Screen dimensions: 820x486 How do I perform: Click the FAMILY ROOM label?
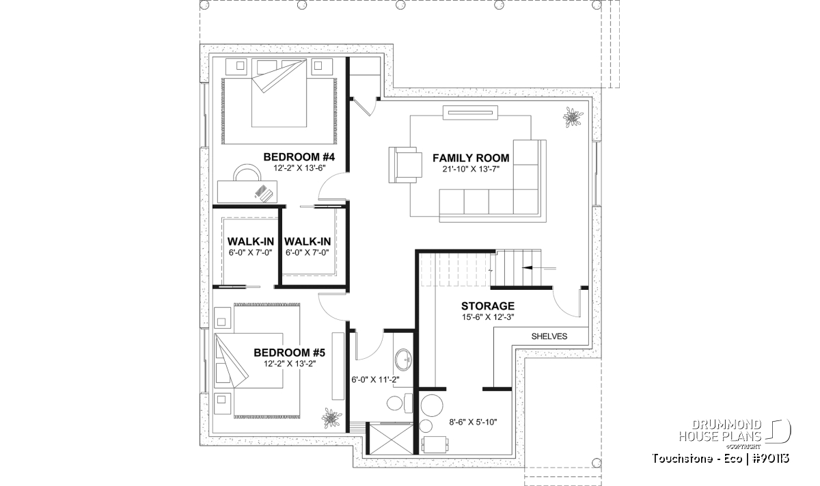[471, 158]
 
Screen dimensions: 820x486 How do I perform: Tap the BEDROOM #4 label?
[299, 157]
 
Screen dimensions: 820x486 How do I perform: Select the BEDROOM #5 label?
[289, 353]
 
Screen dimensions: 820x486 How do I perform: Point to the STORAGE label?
[488, 306]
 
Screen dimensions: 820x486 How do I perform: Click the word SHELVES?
[549, 336]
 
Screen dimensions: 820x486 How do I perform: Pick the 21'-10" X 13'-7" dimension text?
[471, 169]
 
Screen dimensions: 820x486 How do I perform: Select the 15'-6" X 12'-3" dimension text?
[488, 317]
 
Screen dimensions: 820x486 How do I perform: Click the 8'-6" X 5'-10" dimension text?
[473, 422]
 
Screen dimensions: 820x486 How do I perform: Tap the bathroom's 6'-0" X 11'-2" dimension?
[375, 380]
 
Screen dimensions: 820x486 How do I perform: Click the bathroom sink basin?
[404, 360]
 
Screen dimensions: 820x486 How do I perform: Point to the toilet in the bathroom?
[399, 403]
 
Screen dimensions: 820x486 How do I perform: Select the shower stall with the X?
[389, 438]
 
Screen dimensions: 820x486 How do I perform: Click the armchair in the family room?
[405, 165]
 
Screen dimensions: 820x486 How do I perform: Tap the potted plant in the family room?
[572, 117]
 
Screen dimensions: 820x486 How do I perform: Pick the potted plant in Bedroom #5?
[331, 418]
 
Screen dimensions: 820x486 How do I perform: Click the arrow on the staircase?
[538, 268]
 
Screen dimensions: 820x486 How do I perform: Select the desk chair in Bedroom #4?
[247, 172]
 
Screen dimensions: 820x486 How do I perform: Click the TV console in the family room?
[470, 112]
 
